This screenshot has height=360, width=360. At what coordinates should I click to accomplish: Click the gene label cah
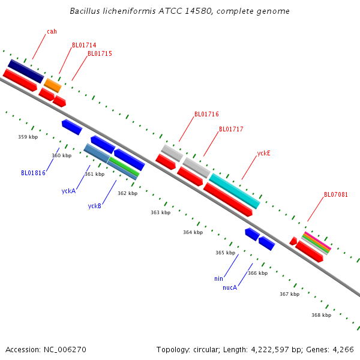[52, 31]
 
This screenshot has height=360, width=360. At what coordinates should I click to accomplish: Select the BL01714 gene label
[84, 45]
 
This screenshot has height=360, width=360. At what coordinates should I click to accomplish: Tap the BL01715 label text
[100, 53]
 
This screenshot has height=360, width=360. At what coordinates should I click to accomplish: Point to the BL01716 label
[206, 114]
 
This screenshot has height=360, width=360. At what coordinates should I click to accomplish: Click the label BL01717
[231, 129]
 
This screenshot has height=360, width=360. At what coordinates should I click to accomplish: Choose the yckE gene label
[263, 153]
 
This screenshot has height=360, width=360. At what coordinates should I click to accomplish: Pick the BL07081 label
[336, 194]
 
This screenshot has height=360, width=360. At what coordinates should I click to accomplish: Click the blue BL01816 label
[33, 173]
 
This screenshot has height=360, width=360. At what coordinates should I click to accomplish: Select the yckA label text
[68, 191]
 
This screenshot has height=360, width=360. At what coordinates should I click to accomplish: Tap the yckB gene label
[94, 206]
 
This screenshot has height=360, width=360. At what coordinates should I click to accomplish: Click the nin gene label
[218, 278]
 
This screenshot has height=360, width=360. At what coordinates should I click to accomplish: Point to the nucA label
[230, 287]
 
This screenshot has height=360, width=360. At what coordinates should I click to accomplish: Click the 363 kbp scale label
[160, 212]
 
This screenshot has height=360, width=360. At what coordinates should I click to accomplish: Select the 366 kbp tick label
[257, 273]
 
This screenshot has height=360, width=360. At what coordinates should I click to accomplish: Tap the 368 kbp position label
[321, 315]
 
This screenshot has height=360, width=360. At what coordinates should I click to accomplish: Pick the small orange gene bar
[53, 85]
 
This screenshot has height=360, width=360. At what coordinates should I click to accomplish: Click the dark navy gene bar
[25, 71]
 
